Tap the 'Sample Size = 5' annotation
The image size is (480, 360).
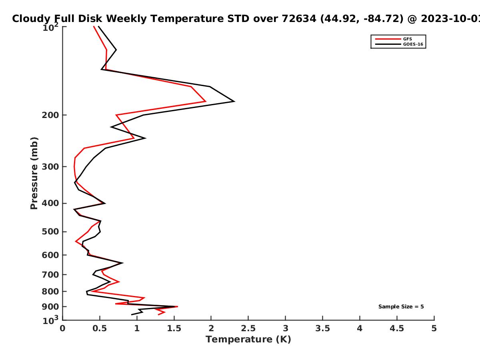coord(401,307)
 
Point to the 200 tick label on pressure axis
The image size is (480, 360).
coord(50,115)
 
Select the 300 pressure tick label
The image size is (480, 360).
coord(50,167)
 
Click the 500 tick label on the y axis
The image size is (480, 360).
coord(50,232)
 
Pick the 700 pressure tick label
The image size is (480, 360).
coord(50,275)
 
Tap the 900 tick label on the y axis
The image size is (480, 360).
coord(50,307)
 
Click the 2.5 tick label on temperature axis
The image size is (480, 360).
coord(248,328)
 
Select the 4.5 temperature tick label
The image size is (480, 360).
coord(397,328)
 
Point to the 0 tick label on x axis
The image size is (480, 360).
coord(62,328)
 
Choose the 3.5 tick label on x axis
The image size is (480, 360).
coord(322,328)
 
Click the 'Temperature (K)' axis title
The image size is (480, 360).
coord(248,340)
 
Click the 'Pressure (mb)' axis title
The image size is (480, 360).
coord(34,173)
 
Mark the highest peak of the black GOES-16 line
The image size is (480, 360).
coord(234,101)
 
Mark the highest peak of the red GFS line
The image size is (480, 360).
coord(206,101)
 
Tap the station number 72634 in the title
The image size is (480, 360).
coord(299,18)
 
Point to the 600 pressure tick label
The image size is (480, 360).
coord(50,255)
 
